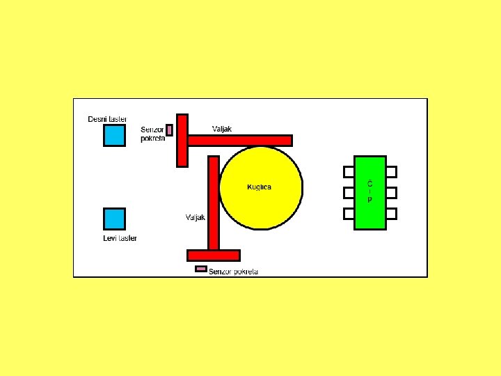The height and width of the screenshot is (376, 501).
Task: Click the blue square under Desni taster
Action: tap(114, 135)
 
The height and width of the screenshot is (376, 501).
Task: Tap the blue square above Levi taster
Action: tap(114, 219)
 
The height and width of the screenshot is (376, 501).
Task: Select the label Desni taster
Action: tap(107, 119)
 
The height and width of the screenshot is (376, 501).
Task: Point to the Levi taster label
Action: tap(120, 238)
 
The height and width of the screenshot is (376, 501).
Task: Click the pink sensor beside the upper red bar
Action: tap(169, 130)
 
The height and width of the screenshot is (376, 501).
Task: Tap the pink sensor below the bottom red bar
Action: tap(201, 269)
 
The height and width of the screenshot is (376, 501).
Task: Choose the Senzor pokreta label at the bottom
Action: tap(234, 272)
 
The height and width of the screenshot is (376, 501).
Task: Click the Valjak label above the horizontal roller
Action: tap(221, 129)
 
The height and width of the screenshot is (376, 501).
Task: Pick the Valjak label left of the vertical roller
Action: tap(196, 217)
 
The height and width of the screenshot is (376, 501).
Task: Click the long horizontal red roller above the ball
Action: tap(239, 141)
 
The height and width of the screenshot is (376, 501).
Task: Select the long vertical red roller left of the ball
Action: tap(214, 202)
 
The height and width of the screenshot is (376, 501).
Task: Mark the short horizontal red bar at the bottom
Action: tap(214, 256)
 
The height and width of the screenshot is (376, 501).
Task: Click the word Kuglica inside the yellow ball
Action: tap(260, 187)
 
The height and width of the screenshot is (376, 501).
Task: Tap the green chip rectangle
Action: tap(370, 192)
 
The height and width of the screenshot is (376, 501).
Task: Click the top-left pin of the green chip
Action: tap(349, 171)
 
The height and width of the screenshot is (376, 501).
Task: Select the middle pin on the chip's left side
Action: tap(349, 192)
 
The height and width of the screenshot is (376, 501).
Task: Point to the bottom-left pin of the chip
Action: tap(349, 213)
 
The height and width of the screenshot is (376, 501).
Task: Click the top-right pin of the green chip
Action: tap(392, 171)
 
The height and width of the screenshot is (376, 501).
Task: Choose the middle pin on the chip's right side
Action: tap(392, 192)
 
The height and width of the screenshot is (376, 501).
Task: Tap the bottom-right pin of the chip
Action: tap(392, 213)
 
